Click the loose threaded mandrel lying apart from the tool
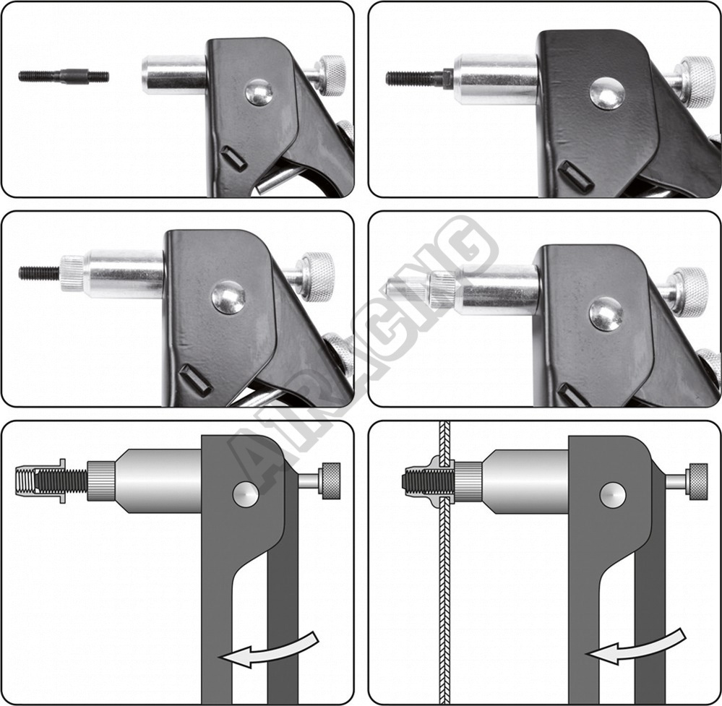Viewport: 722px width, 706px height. coord(64,76)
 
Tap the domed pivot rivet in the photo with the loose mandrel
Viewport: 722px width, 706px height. coord(258,92)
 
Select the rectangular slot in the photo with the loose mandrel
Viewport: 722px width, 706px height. coord(234,159)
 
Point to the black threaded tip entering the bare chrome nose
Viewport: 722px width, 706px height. coord(417,78)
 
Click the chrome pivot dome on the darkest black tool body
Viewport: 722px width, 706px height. coord(607,93)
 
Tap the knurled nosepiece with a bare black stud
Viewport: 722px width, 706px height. coord(72,274)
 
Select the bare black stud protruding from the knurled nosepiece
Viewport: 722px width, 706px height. coord(39,274)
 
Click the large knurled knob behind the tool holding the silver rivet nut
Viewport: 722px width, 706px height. coord(691,292)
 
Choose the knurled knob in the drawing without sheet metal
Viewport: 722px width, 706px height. coord(331,481)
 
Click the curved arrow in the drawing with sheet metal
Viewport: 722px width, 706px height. coord(636,647)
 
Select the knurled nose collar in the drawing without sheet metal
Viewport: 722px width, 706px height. coord(101,481)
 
